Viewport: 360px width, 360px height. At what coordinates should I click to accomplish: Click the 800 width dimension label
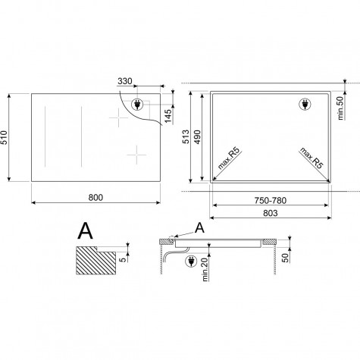[95, 198]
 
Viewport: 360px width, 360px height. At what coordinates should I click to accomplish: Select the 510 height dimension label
[5, 137]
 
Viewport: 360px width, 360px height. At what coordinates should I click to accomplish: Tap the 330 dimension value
[125, 81]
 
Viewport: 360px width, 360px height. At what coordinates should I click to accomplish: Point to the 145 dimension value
[167, 116]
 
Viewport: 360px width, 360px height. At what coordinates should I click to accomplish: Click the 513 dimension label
[186, 136]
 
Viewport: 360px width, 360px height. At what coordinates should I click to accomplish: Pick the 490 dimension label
[197, 137]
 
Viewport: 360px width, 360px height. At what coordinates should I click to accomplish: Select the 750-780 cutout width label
[271, 201]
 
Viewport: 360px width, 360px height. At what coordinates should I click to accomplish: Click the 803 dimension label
[271, 213]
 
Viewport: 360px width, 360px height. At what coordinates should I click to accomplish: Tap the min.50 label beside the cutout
[340, 108]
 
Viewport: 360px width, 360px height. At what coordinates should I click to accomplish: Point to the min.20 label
[205, 269]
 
